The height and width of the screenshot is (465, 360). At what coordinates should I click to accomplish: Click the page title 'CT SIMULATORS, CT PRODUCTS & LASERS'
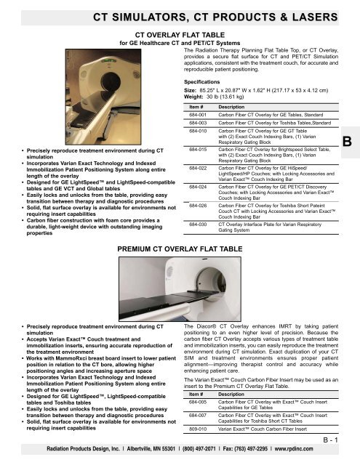coord(180,13)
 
